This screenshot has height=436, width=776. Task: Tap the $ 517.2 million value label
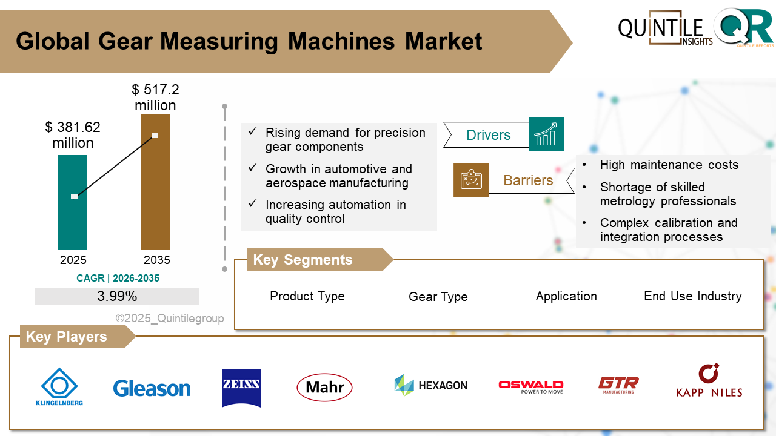155,97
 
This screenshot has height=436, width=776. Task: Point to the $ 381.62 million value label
73,135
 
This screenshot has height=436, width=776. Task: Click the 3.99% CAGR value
117,296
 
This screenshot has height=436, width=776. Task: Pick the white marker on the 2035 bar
155,135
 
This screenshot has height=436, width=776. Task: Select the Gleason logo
152,388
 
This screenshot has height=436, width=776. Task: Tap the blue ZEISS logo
241,388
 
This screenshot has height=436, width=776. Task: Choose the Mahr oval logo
324,388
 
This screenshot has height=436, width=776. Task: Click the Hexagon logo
430,385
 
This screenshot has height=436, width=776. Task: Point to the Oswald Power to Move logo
530,387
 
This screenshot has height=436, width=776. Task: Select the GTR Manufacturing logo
618,385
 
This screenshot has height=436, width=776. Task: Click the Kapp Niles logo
709,381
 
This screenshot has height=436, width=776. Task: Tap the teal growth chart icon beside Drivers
546,134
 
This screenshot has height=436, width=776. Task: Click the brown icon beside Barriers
471,180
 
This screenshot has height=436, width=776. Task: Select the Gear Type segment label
438,297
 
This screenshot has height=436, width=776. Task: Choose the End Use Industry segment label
692,296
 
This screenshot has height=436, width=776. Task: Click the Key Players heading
67,337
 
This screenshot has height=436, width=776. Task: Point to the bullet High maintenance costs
669,165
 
